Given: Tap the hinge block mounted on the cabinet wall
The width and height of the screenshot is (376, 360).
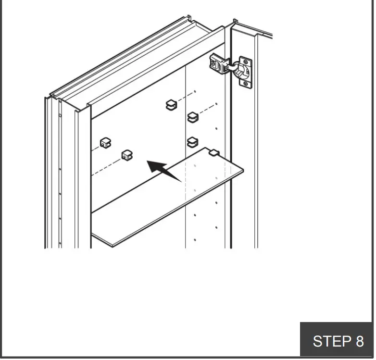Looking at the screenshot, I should point(218,64).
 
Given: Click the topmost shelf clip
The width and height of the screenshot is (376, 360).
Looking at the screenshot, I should point(171,104).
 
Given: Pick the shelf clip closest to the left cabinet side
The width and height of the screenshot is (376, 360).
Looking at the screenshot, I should point(105,143).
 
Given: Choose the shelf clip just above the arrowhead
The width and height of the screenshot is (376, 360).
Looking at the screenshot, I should point(127,155).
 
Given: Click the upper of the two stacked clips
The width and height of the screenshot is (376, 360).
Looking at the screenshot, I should point(192,117).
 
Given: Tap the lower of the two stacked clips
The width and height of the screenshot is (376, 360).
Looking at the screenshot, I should point(192,141).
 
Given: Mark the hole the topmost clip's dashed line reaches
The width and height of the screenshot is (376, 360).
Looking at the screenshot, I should point(195,91).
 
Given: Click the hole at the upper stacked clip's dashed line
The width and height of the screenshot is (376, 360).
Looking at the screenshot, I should point(216,104).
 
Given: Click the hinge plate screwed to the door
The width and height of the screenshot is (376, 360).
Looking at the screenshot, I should point(246,72).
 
